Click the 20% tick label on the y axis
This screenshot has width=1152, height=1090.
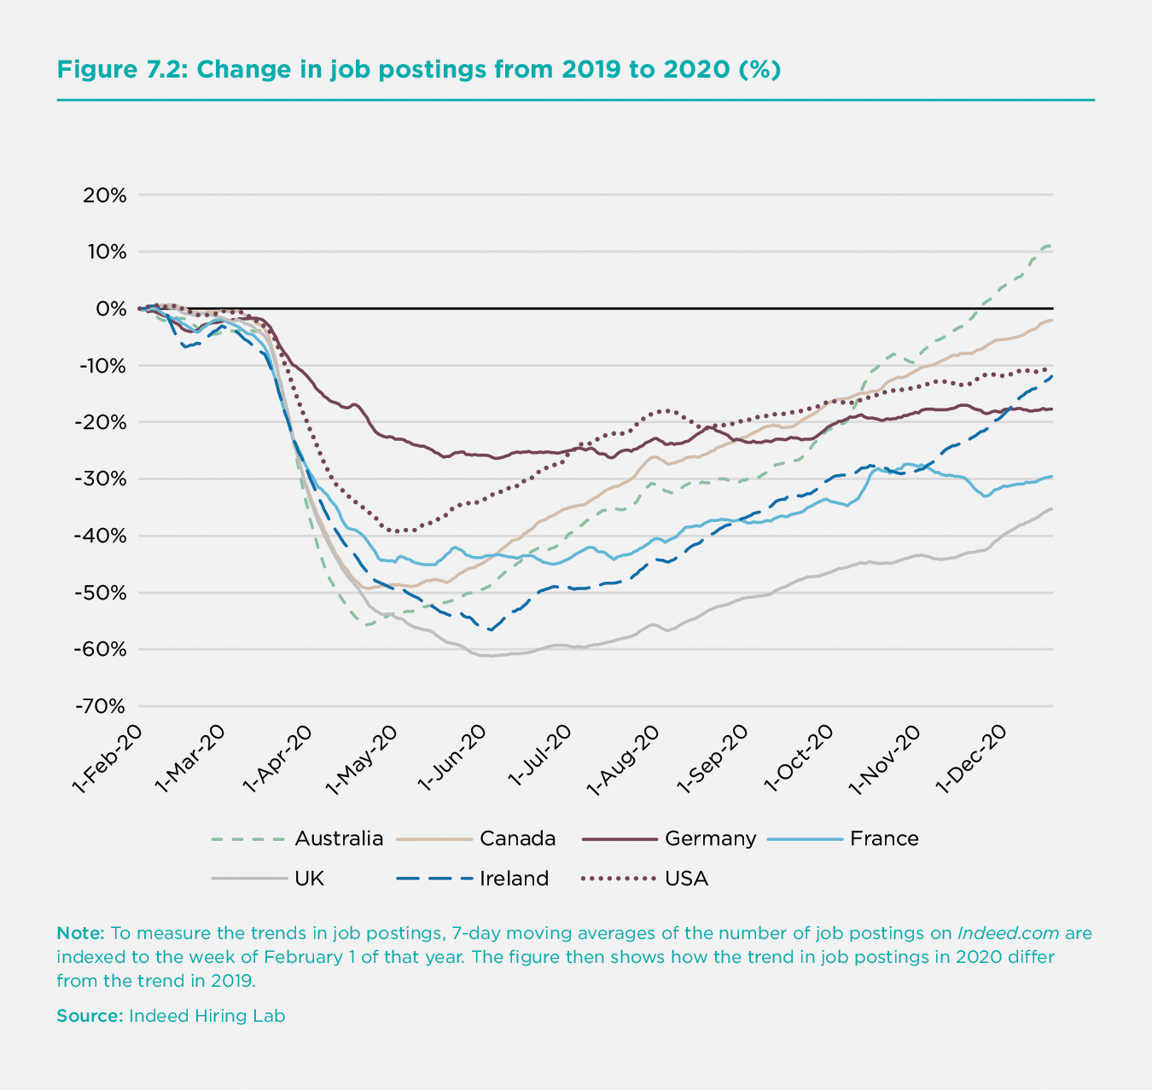coord(105,195)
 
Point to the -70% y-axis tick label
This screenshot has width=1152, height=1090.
coord(102,707)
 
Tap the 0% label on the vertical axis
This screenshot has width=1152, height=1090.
coord(110,309)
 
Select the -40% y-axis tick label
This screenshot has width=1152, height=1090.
coord(102,536)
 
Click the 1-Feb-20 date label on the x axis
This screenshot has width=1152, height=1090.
coord(107,760)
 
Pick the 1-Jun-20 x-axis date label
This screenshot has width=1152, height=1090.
coord(454,760)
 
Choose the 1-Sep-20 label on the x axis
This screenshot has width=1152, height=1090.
coord(714,760)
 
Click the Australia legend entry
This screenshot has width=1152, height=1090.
coord(339,839)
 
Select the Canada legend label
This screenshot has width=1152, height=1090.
coord(517,839)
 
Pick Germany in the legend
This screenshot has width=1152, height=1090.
coord(710,839)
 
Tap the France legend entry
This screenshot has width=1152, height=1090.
coord(884,839)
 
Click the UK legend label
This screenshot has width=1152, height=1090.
coord(309,878)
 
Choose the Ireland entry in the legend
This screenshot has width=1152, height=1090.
coord(514,878)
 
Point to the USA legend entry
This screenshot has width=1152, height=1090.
coord(686,878)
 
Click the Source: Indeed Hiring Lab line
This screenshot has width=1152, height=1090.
coord(171,1016)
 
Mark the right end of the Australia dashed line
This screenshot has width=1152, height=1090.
coord(1050,246)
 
